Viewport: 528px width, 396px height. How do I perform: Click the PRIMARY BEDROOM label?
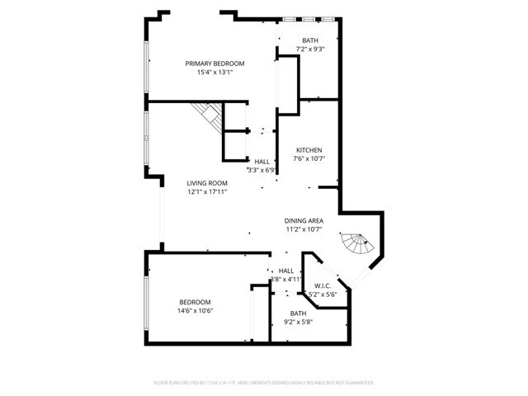[214, 64]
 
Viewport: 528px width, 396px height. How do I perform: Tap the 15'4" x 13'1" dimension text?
[214, 73]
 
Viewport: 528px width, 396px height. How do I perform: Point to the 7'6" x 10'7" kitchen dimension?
[309, 159]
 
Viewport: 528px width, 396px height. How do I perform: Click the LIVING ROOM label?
[206, 183]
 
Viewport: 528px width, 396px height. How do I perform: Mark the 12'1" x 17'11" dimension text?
[206, 192]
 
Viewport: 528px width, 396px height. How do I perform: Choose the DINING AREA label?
[304, 220]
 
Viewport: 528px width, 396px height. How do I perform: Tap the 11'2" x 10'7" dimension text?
[304, 229]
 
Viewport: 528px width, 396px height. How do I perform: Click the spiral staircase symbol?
[358, 244]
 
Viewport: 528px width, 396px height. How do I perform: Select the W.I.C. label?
[323, 285]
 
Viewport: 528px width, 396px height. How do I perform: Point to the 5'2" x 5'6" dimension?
[323, 295]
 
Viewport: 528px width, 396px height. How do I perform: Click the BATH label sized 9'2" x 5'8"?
[298, 313]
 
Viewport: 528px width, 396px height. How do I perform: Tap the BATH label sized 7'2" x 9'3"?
[310, 40]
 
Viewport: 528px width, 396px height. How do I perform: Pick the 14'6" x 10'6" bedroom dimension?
[195, 311]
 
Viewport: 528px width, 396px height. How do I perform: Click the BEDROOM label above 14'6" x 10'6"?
[195, 302]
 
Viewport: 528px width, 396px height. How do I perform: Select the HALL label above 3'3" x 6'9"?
[262, 162]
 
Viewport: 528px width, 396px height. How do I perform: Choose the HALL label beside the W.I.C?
[286, 271]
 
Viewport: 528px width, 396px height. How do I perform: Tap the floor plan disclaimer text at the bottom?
[264, 383]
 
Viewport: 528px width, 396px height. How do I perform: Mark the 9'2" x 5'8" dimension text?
[298, 323]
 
